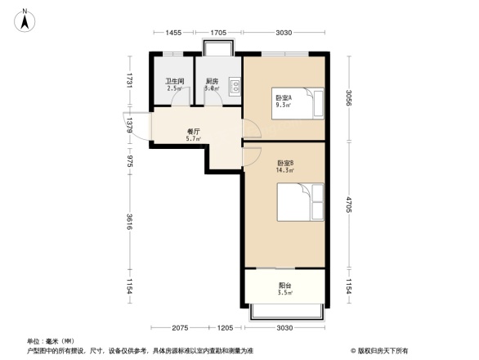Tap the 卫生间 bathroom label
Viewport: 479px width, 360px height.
tap(174, 81)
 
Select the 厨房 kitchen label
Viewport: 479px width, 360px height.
tap(211, 81)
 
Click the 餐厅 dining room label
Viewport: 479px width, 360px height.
tap(194, 131)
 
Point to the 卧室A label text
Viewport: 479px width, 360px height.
tap(284, 97)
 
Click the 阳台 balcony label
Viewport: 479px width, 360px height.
tap(284, 286)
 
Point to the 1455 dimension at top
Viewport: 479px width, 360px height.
tap(172, 33)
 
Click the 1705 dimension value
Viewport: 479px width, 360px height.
tap(218, 33)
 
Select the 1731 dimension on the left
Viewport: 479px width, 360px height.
tap(129, 81)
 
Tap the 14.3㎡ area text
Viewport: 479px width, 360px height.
tap(284, 170)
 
